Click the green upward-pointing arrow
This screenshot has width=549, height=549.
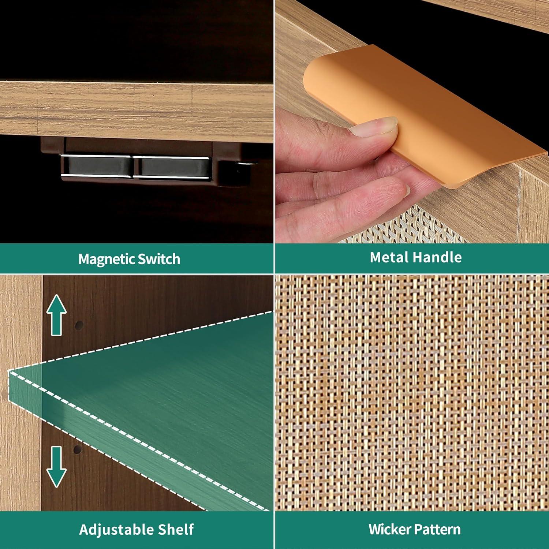(56, 315)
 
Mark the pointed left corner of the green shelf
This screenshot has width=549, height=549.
(8, 371)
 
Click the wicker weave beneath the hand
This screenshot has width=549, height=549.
(403, 227)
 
